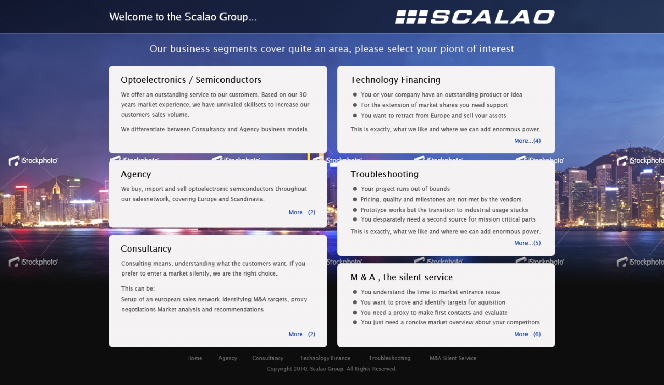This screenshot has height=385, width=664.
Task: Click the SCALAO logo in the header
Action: click(x=475, y=17)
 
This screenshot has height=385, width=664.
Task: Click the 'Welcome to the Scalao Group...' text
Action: click(x=183, y=17)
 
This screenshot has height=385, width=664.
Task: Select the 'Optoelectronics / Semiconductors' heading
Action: click(x=191, y=80)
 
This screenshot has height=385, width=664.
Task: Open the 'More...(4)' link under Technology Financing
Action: click(x=528, y=141)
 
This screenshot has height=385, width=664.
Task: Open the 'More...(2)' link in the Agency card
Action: click(x=302, y=212)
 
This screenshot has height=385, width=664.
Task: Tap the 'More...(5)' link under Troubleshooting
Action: click(x=528, y=243)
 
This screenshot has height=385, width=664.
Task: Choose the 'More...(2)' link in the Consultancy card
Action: click(x=302, y=334)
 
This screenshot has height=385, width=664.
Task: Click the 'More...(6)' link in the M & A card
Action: click(x=528, y=334)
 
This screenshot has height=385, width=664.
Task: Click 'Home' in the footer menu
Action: click(x=195, y=358)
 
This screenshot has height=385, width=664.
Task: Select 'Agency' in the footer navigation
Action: click(x=228, y=359)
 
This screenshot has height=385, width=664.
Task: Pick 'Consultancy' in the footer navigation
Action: click(x=268, y=359)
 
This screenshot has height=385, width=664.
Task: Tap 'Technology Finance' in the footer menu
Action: click(x=325, y=359)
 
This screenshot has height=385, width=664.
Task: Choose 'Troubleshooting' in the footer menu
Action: click(x=390, y=359)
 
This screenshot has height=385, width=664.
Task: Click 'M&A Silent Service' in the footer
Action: click(x=453, y=358)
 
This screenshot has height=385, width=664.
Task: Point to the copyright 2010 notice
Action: click(x=331, y=369)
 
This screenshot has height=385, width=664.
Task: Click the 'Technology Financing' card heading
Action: click(x=395, y=80)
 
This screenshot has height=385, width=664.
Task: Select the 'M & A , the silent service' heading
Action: click(x=402, y=277)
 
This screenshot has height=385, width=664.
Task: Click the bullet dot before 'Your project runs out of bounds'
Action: click(x=355, y=189)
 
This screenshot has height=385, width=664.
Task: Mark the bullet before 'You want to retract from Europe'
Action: click(x=355, y=115)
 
